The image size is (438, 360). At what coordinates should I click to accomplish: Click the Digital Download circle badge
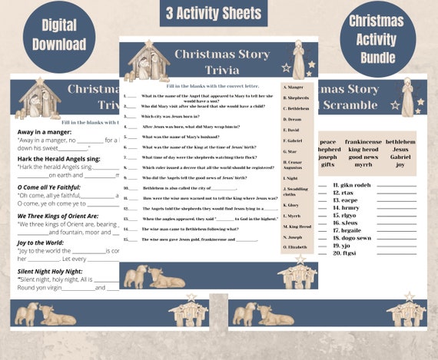(x=58, y=35)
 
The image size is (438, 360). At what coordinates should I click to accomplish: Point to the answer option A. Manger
(x=294, y=87)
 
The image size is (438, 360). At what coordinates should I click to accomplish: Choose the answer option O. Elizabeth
(x=296, y=247)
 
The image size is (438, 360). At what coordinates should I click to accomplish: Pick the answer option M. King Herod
(x=297, y=226)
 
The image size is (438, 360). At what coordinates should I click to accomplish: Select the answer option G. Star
(x=292, y=151)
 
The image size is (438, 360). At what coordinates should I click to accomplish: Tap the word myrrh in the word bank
(x=363, y=164)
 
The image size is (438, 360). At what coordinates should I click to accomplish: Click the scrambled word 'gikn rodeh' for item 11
(x=352, y=185)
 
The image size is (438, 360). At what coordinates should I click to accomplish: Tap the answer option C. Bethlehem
(x=297, y=108)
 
